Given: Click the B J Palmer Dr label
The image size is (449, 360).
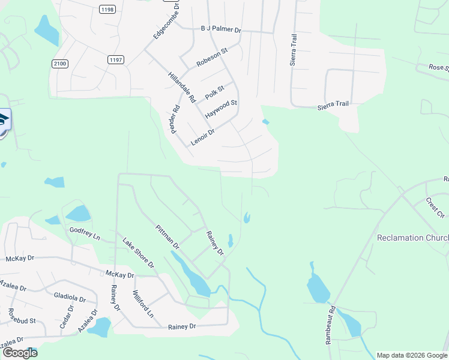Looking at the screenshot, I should pyautogui.click(x=220, y=29).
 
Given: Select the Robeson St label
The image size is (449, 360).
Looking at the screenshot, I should pyautogui.click(x=212, y=58).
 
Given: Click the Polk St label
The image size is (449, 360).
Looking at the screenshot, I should pyautogui.click(x=214, y=93).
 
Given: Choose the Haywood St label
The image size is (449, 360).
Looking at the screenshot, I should pyautogui.click(x=221, y=109).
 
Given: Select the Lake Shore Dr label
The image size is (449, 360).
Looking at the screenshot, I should pyautogui.click(x=139, y=253).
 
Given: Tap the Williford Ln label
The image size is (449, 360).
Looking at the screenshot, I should pyautogui.click(x=143, y=305).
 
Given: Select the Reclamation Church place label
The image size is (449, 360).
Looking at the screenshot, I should pyautogui.click(x=412, y=238).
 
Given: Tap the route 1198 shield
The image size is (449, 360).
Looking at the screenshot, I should pyautogui.click(x=108, y=10).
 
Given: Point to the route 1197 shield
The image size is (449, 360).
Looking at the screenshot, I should pyautogui.click(x=116, y=59).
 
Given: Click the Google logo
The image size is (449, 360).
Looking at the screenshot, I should pyautogui.click(x=20, y=353).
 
